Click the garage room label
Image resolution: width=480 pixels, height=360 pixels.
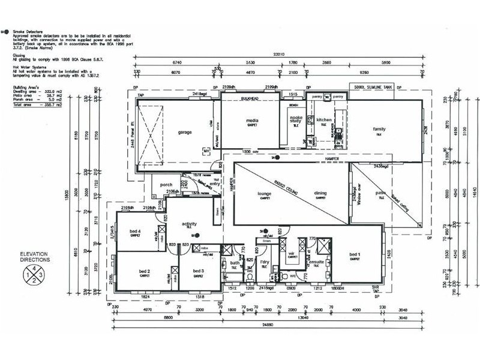[184, 132]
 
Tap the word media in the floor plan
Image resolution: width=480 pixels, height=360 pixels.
[252, 121]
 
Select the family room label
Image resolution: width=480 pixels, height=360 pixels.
[379, 129]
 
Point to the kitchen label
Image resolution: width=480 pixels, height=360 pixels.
[324, 120]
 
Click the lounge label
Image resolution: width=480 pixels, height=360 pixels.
[265, 194]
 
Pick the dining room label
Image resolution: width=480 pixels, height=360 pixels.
[321, 194]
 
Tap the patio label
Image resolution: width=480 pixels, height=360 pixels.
[380, 193]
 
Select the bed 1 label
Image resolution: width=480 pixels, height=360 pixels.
[355, 255]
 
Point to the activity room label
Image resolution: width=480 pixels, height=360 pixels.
[190, 223]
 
